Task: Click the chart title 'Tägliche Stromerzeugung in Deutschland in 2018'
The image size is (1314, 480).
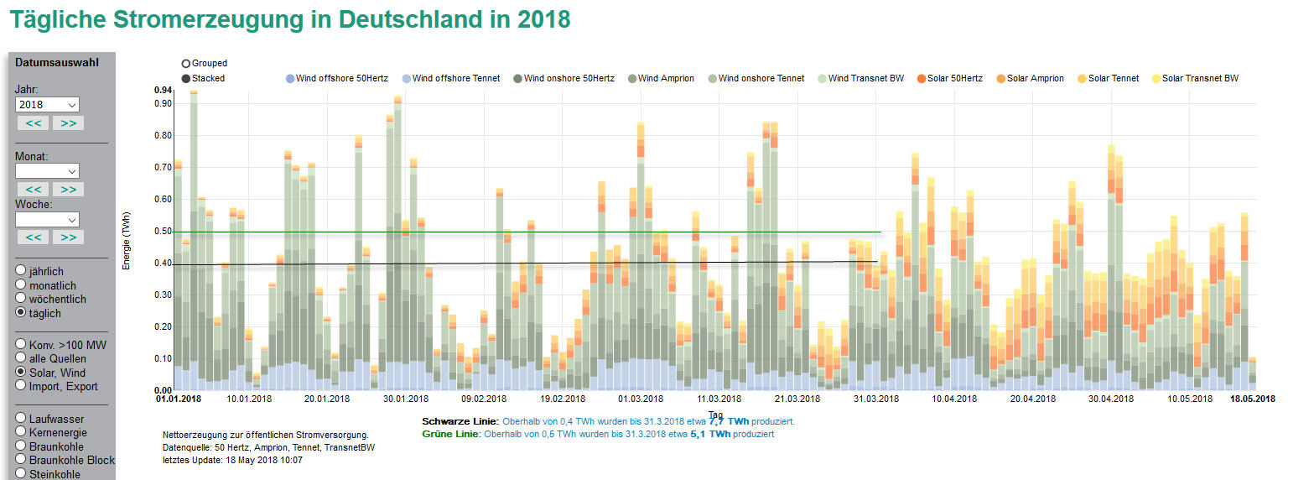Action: click(x=290, y=19)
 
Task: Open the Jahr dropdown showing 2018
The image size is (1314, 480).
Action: click(x=47, y=105)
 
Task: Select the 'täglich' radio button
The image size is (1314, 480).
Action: click(x=21, y=313)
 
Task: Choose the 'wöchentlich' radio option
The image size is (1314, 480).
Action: click(x=21, y=299)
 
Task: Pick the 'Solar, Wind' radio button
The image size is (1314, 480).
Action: click(x=21, y=373)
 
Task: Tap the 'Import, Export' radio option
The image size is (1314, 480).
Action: click(x=21, y=386)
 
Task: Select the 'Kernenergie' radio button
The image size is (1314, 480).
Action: click(x=21, y=431)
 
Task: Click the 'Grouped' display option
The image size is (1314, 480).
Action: click(x=185, y=64)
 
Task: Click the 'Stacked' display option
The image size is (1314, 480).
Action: click(x=185, y=79)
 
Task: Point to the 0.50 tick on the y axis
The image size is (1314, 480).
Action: click(x=162, y=232)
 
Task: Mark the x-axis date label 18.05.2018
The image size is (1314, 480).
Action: click(x=1252, y=399)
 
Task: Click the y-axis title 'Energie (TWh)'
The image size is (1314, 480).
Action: click(x=127, y=240)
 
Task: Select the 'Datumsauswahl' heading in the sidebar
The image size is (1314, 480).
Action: click(x=57, y=62)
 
